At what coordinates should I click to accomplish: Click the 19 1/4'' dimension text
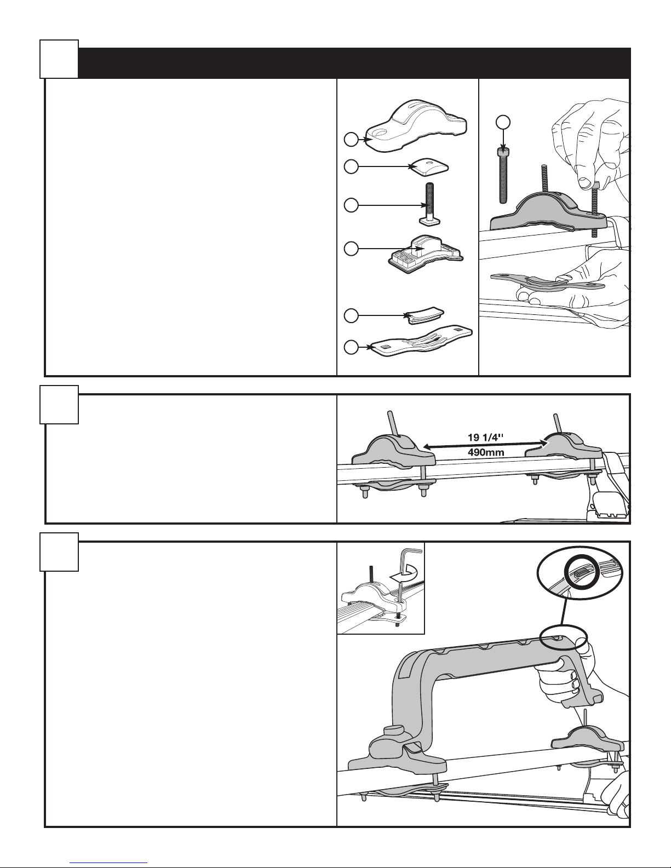[x=485, y=438]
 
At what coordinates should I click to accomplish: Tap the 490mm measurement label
[x=486, y=452]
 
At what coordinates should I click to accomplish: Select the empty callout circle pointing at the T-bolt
[x=351, y=205]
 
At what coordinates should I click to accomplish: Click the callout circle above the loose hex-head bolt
[x=503, y=122]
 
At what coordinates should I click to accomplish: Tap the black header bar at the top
[x=354, y=63]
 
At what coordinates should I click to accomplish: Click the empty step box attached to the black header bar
[x=59, y=59]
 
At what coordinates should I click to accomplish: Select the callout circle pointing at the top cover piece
[x=351, y=140]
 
